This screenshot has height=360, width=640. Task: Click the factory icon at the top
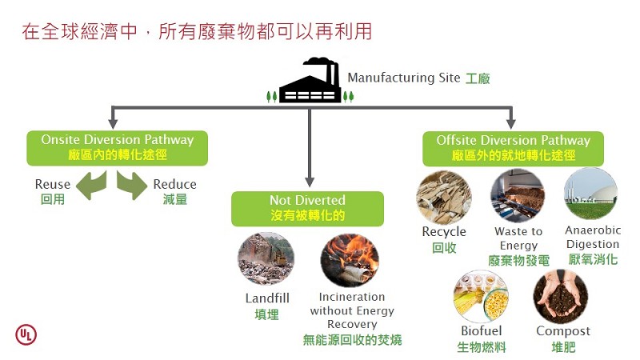coord(310,82)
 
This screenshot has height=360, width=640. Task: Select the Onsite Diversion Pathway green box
coord(118,148)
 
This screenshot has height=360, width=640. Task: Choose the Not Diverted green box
coord(308,208)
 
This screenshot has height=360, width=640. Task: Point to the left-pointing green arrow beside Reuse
coord(91,185)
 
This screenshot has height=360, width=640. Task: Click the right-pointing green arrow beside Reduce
coord(131,185)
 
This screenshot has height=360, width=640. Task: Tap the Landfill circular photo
coord(266,259)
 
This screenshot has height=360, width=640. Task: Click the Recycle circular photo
coord(443,196)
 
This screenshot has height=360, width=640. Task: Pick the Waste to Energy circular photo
coord(518,196)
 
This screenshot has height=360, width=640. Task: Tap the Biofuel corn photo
coord(481,296)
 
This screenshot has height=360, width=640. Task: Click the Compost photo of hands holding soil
coord(561,296)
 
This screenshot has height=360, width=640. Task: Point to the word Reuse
coord(53,185)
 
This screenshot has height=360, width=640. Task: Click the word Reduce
coord(174,185)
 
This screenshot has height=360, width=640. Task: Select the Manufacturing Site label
coord(404,78)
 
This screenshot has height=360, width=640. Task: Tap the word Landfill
coord(267,298)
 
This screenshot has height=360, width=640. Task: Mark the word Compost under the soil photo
coord(563,331)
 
